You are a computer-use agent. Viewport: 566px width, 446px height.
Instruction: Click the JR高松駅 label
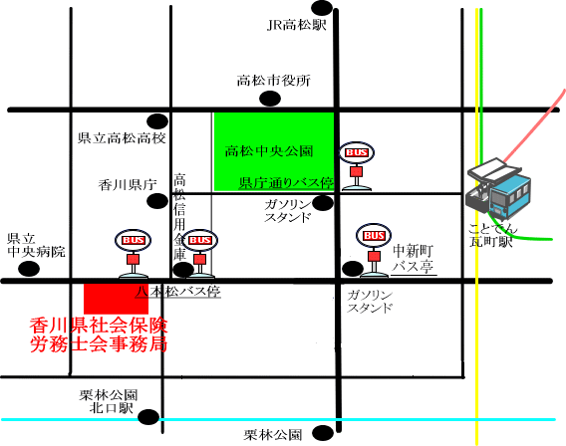tap(297, 25)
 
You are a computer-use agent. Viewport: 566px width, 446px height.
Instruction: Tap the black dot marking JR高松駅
tap(322, 8)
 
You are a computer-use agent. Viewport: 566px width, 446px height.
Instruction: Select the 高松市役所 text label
tap(274, 81)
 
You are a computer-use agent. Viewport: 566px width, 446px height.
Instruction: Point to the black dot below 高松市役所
tap(270, 99)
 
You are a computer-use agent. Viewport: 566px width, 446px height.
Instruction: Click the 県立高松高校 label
tap(122, 137)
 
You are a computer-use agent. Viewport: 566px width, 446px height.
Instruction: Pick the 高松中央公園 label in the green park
tap(269, 151)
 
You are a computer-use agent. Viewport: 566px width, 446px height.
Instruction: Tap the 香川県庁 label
tap(128, 185)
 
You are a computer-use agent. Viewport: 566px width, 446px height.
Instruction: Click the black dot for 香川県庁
tap(157, 201)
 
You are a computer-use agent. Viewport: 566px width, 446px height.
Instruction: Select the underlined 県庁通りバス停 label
tap(286, 183)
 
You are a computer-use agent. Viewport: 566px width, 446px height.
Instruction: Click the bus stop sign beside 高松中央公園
tap(357, 166)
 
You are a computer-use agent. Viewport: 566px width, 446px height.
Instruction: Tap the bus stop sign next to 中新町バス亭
tap(374, 250)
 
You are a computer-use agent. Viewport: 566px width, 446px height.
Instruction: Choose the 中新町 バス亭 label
tap(413, 258)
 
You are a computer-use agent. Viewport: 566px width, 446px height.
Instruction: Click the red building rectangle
tap(116, 299)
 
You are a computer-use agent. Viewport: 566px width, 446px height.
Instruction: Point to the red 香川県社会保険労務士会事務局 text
tap(99, 334)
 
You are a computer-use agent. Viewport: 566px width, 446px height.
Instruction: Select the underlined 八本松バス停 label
tap(178, 292)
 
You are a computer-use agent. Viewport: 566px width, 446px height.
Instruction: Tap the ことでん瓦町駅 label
tap(492, 235)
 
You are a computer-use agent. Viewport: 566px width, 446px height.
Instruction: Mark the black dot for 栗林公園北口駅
tap(148, 417)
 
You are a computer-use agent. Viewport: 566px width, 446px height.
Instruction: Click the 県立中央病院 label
tap(36, 245)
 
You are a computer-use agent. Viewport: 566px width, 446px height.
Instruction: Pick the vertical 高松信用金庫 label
tap(179, 217)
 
